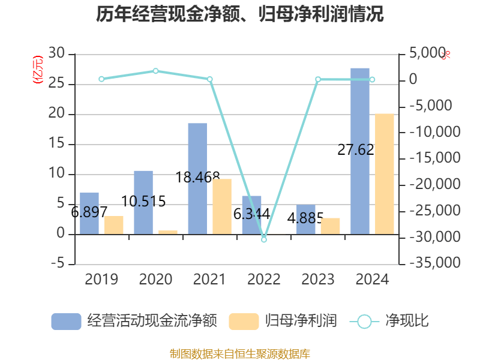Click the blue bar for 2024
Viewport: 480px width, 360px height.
click(x=360, y=151)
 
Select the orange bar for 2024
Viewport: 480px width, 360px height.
click(x=385, y=173)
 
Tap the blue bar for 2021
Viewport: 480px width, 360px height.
click(x=197, y=178)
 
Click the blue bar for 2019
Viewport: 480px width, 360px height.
click(x=89, y=213)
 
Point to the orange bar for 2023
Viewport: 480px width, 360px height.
click(x=330, y=226)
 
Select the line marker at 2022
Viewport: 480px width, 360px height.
click(x=263, y=239)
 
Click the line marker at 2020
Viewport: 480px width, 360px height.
click(x=155, y=71)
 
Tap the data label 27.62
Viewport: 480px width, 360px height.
click(x=356, y=150)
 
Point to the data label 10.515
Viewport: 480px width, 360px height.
click(x=143, y=201)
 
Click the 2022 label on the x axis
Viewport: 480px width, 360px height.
click(x=263, y=279)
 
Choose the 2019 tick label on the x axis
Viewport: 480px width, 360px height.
click(x=101, y=279)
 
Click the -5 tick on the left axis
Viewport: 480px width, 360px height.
click(x=56, y=264)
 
